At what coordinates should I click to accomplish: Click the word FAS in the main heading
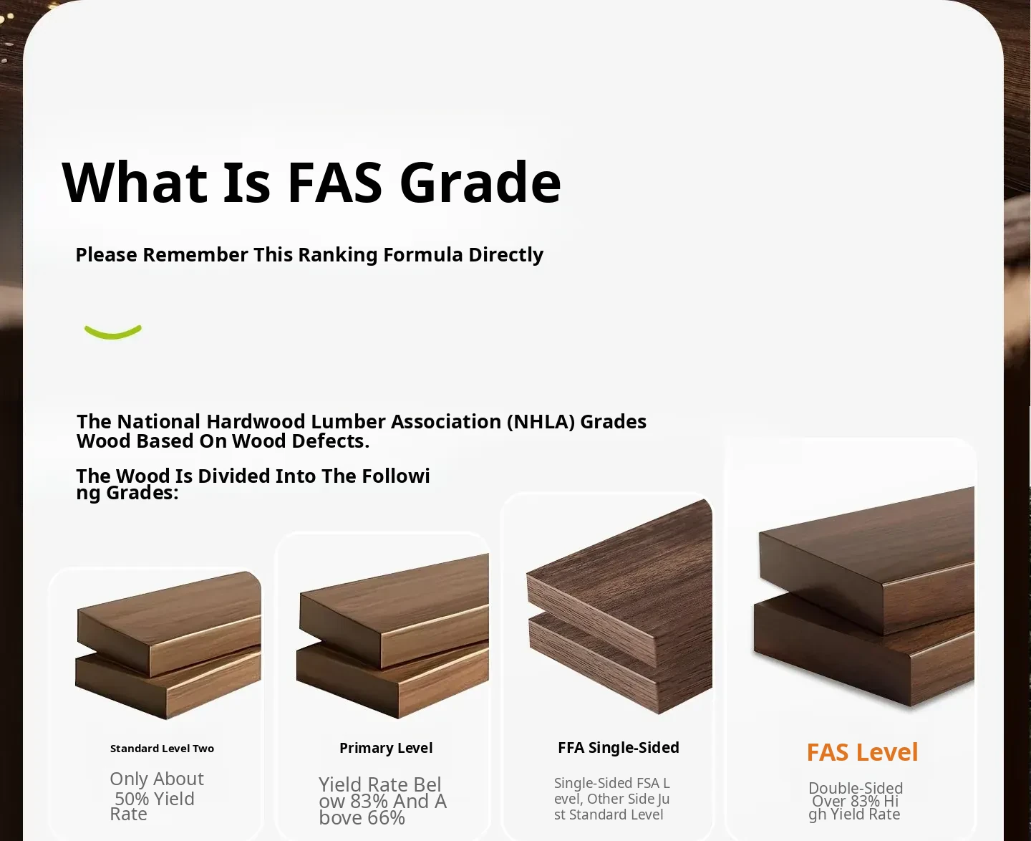335,182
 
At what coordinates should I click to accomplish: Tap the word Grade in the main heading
480,182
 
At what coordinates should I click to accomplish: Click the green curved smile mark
113,332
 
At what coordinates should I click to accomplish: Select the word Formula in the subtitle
423,254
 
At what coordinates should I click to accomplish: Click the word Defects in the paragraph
330,441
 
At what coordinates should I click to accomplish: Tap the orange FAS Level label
862,752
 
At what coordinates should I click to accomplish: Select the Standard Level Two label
162,749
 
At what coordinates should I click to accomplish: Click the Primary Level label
386,748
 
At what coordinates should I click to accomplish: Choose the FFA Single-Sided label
619,748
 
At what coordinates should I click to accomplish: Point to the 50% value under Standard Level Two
132,799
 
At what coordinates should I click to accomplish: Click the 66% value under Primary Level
387,818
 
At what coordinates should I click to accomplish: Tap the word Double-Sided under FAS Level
856,788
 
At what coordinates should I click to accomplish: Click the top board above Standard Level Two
169,624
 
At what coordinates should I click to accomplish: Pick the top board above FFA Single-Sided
620,582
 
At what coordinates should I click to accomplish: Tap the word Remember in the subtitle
195,254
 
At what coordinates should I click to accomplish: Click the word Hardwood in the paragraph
256,422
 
